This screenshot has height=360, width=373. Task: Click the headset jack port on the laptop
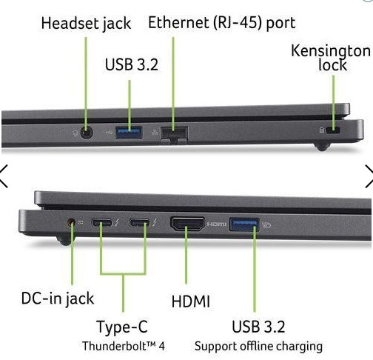87,133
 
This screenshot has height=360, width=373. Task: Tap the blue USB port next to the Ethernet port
129,133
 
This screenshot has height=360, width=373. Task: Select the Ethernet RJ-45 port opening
174,135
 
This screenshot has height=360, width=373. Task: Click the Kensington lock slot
333,130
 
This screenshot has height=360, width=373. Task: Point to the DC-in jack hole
71,222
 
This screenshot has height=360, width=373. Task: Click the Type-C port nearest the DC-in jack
101,223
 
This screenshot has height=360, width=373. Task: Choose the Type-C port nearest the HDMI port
140,223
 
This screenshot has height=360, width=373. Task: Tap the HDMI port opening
187,224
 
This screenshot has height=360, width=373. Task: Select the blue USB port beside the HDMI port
244,224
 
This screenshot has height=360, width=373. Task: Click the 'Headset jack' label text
86,24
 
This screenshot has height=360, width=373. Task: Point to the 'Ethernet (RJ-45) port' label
221,23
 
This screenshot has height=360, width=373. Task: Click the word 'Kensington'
331,51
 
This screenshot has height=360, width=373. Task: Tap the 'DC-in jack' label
58,299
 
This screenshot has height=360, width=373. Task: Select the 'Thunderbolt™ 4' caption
124,346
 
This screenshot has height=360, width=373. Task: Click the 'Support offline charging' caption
258,347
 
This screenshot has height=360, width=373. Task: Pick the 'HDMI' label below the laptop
191,301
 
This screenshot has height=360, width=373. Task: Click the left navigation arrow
4,176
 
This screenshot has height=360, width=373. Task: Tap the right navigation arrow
369,176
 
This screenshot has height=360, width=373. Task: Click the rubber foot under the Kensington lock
323,147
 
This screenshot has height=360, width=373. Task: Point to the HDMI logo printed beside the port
216,224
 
